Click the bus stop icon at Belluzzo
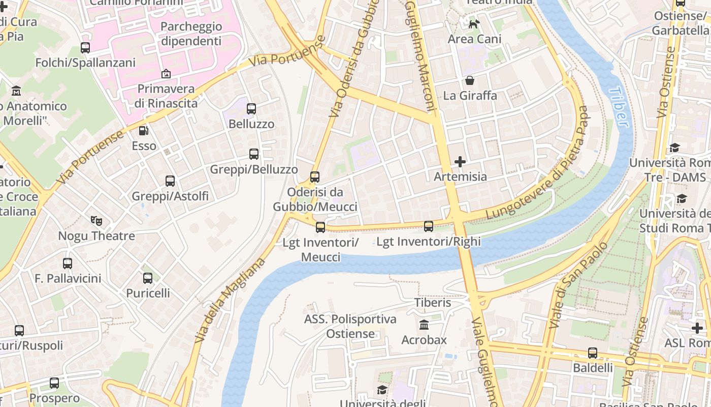tap(251, 108)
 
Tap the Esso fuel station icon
tap(144, 131)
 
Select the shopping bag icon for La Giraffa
tap(470, 80)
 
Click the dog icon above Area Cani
tap(474, 24)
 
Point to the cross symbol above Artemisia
tap(460, 162)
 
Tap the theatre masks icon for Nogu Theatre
tap(96, 221)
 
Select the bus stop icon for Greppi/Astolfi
tap(170, 181)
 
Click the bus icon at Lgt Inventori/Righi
tap(429, 226)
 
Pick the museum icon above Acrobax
tap(424, 325)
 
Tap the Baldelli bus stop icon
tap(593, 353)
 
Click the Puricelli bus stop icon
tap(148, 278)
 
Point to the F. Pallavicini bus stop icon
tap(68, 264)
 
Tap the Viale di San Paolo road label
tap(578, 285)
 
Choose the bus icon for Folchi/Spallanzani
tap(85, 48)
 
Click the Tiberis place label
tap(432, 303)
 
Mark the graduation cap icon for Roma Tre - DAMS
tap(674, 148)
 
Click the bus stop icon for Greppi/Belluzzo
tap(254, 154)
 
